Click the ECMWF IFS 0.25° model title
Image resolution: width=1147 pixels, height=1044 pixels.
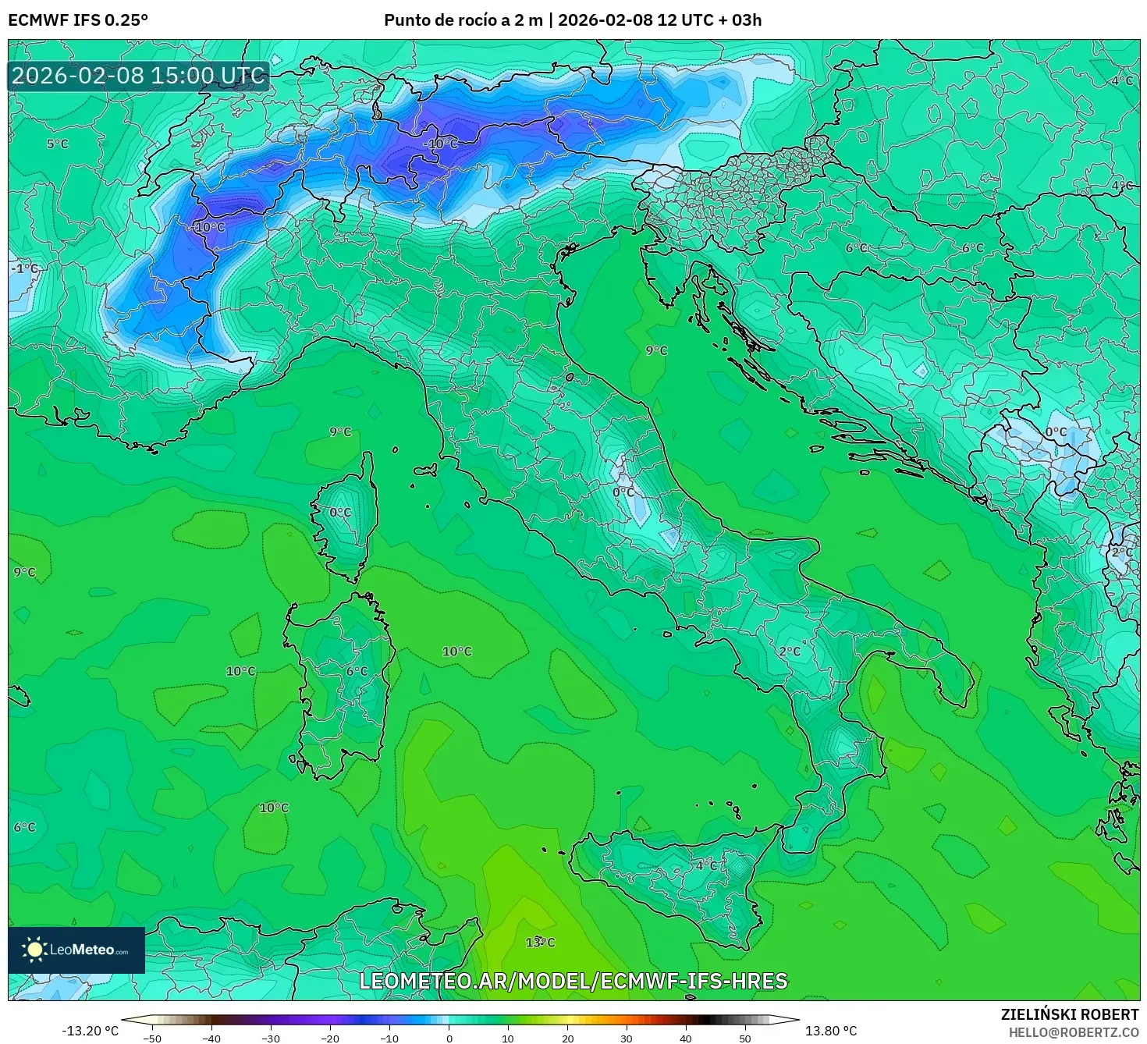(x=78, y=20)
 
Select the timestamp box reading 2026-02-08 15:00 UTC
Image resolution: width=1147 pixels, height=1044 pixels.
(x=139, y=76)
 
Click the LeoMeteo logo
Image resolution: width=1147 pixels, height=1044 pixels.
(x=76, y=950)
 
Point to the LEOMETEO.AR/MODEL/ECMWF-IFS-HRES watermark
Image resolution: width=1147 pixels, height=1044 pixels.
(x=573, y=981)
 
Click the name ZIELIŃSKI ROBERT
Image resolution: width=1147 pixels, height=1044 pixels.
(x=1069, y=1014)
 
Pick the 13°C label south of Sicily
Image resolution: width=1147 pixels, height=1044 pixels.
(x=540, y=943)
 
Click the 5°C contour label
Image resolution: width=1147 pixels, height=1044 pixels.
(x=57, y=144)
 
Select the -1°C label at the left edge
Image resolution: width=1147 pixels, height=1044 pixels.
(x=24, y=268)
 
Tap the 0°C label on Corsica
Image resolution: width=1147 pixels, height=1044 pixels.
(x=340, y=513)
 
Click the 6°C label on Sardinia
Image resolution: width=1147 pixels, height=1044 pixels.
(x=357, y=671)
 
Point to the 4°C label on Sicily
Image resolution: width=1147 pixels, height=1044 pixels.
(x=707, y=865)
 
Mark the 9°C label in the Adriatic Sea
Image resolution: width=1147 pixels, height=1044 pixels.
(x=656, y=351)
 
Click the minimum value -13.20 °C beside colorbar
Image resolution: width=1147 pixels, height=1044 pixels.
(x=90, y=1031)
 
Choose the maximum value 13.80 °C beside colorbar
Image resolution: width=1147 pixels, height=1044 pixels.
(x=831, y=1031)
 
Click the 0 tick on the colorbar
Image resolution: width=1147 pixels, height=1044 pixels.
(x=449, y=1039)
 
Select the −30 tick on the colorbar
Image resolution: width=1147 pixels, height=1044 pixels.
(x=270, y=1039)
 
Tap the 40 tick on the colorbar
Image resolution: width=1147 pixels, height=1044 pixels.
(x=686, y=1039)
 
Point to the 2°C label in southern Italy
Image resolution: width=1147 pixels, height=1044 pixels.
(x=790, y=652)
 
